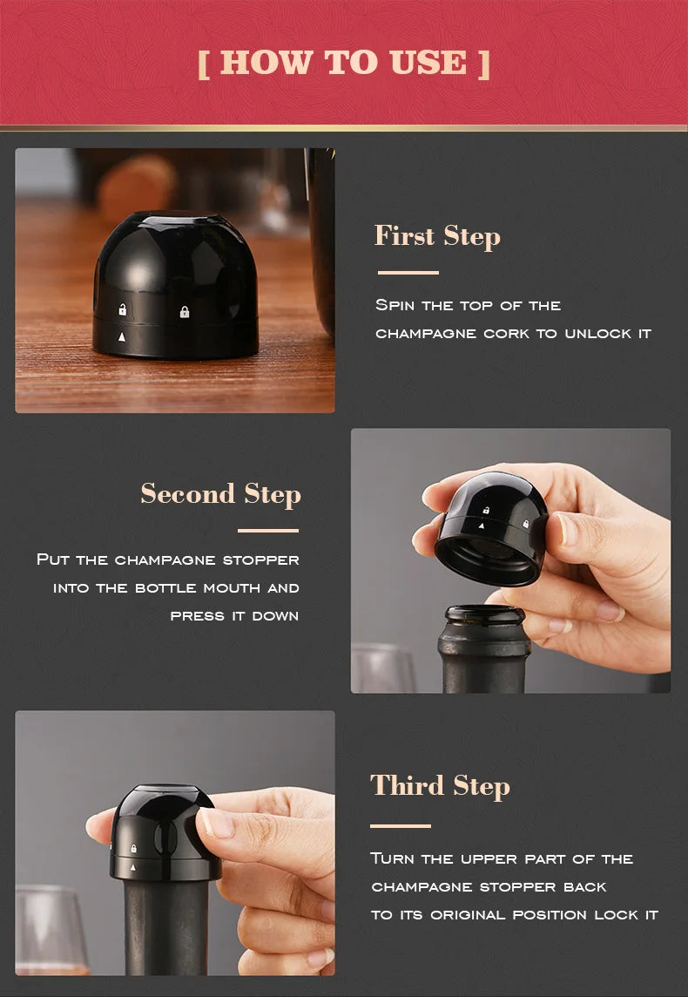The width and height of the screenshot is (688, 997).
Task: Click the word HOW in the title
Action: [266, 63]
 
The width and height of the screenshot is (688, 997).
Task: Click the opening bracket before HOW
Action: [204, 64]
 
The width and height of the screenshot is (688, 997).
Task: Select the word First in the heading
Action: [405, 236]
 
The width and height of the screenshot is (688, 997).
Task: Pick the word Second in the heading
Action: [188, 493]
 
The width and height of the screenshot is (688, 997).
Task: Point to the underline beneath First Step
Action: [408, 273]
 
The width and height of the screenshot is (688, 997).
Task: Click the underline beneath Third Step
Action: [401, 825]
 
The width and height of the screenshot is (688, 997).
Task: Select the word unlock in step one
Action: [593, 334]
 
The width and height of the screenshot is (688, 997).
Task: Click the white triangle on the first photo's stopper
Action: [122, 336]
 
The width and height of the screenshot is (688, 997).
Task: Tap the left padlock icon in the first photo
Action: [123, 309]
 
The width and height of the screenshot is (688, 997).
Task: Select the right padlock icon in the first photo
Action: [184, 312]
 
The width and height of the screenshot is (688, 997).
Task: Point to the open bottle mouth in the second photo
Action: [484, 615]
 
